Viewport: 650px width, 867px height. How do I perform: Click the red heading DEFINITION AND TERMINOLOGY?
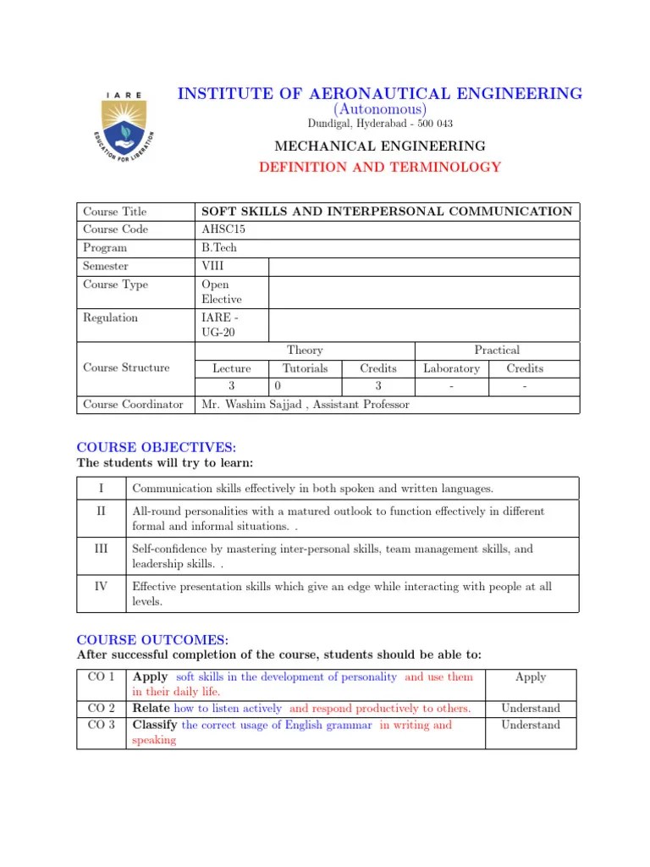(x=379, y=168)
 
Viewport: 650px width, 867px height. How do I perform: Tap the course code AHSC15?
(x=223, y=229)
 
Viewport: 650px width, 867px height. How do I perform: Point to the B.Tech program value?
(x=218, y=248)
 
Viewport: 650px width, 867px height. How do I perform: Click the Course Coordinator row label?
(x=133, y=405)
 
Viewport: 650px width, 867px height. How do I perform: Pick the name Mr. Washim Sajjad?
(x=253, y=405)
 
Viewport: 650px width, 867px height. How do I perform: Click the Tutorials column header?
(x=305, y=368)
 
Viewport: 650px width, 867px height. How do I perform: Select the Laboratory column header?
(x=451, y=368)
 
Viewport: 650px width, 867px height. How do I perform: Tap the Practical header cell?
(x=497, y=350)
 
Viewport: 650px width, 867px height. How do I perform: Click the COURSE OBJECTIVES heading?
(x=157, y=447)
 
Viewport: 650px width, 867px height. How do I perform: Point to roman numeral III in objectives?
(x=102, y=549)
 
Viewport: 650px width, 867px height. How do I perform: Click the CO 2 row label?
(x=102, y=708)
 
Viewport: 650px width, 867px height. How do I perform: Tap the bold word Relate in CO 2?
(x=151, y=708)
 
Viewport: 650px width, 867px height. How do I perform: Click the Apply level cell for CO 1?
(x=531, y=677)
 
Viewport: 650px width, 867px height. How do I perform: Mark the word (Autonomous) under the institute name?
(x=379, y=110)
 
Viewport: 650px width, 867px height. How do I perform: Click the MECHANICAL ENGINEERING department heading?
(x=379, y=146)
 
